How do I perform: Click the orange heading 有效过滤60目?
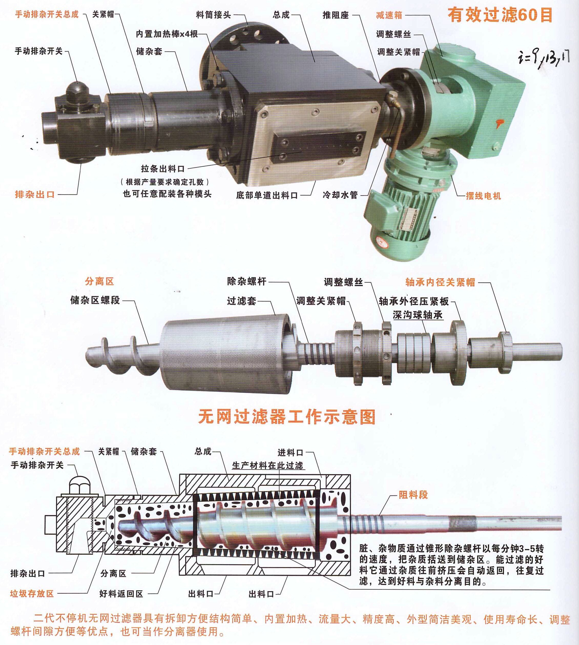pyautogui.click(x=500, y=15)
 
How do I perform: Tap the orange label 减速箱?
pyautogui.click(x=389, y=15)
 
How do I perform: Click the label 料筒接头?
pyautogui.click(x=214, y=15)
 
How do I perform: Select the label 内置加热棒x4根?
pyautogui.click(x=167, y=34)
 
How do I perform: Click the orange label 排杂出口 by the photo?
pyautogui.click(x=35, y=194)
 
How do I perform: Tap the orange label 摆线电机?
pyautogui.click(x=483, y=196)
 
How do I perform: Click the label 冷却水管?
pyautogui.click(x=340, y=195)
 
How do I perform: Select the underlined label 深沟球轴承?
pyautogui.click(x=418, y=315)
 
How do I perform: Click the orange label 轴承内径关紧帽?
pyautogui.click(x=440, y=282)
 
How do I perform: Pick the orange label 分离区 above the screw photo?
pyautogui.click(x=99, y=281)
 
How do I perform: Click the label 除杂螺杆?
pyautogui.click(x=247, y=281)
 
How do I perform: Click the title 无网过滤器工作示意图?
pyautogui.click(x=287, y=417)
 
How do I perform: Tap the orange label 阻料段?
pyautogui.click(x=413, y=495)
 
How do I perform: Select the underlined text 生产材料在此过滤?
pyautogui.click(x=268, y=466)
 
